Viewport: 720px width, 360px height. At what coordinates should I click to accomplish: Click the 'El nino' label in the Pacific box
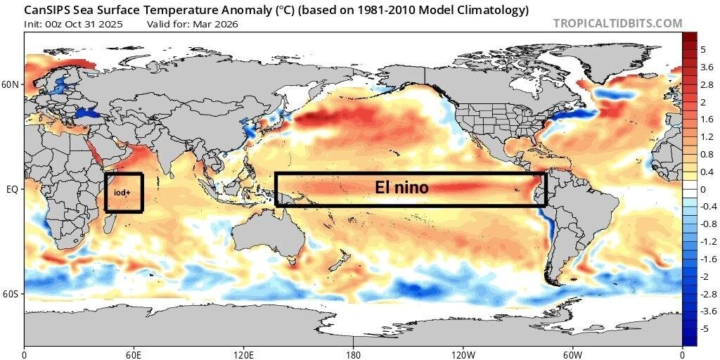(x=400, y=188)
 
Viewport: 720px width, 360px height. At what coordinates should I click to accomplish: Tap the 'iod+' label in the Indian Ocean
(x=122, y=192)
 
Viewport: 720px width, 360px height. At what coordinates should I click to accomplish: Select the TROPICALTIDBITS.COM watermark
(x=617, y=23)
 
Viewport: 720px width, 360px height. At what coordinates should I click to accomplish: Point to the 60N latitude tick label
(x=11, y=84)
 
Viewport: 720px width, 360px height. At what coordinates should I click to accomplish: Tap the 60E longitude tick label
(x=134, y=354)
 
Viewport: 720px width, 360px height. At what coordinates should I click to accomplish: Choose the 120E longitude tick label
(x=243, y=354)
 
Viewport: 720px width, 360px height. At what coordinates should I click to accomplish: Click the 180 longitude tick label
(x=353, y=354)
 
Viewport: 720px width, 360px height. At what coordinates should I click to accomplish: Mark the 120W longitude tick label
(x=463, y=354)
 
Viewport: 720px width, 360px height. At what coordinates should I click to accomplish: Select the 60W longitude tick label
(x=572, y=354)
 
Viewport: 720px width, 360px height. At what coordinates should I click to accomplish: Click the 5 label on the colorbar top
(x=703, y=49)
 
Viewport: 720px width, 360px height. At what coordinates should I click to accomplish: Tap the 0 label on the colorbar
(x=703, y=189)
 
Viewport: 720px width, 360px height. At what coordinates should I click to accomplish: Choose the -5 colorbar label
(x=705, y=328)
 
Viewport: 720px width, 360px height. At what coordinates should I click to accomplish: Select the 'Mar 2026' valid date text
(x=219, y=24)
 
